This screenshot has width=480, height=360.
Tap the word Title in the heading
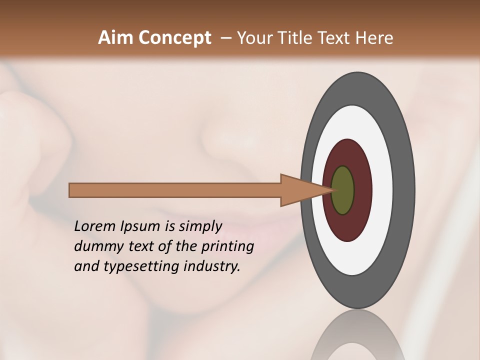(298, 38)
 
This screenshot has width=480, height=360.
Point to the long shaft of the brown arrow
(175, 190)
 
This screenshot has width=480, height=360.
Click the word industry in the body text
(212, 267)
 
